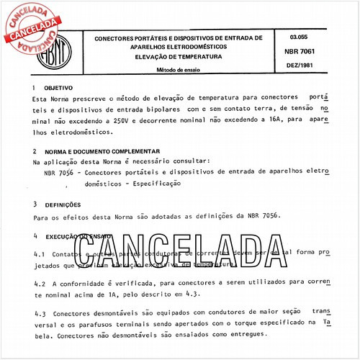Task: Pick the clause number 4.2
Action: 40,284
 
